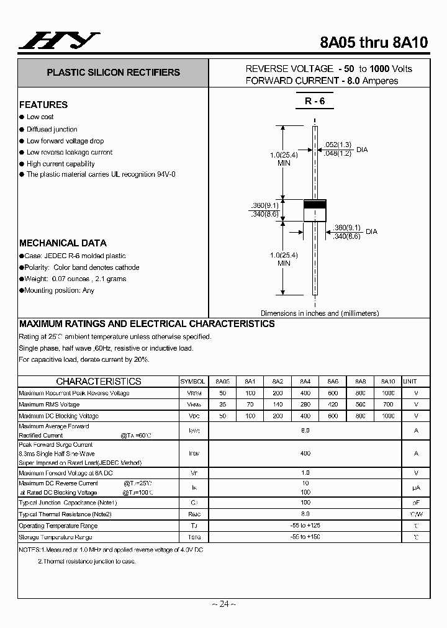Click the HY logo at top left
[x=58, y=41]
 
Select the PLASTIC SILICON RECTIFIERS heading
[x=113, y=73]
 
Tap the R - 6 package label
[x=315, y=101]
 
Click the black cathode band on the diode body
[x=315, y=204]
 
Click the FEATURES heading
[x=43, y=105]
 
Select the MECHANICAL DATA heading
[x=63, y=243]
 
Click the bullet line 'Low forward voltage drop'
[x=65, y=141]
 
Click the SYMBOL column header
[x=194, y=382]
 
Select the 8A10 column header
[x=388, y=382]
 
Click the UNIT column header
[x=410, y=382]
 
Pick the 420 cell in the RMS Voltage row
[x=333, y=405]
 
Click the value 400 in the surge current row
[x=305, y=454]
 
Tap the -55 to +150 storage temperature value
[x=305, y=537]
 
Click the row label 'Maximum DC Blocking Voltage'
[x=58, y=416]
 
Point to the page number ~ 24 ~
[x=223, y=604]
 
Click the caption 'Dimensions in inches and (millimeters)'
[x=319, y=313]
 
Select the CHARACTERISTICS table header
[x=98, y=382]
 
